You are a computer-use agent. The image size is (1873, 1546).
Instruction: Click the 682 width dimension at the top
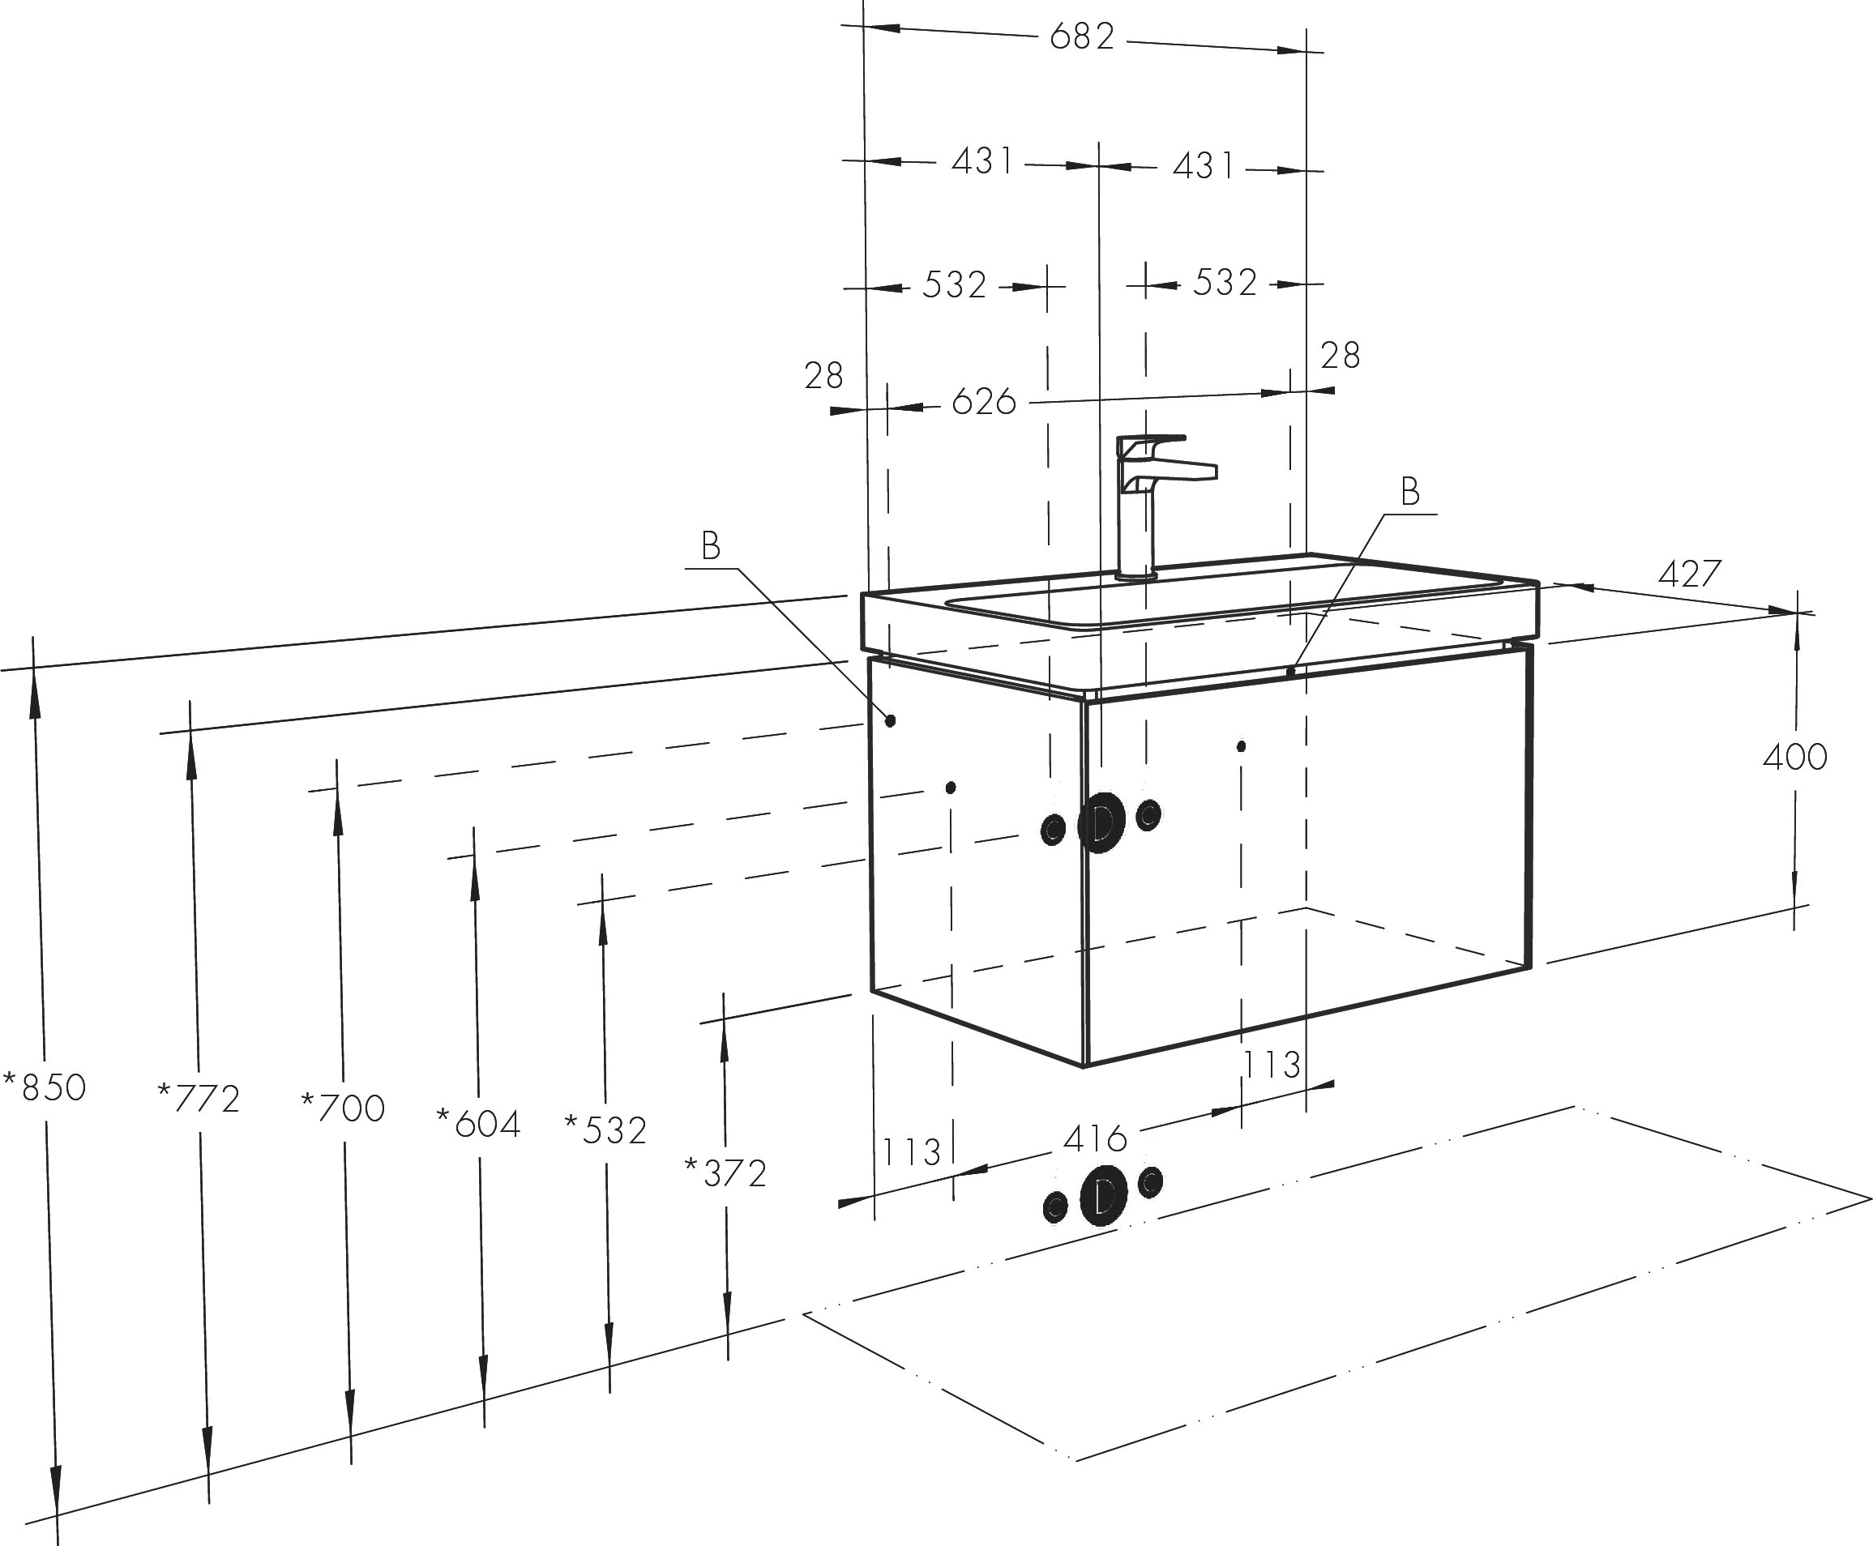click(1082, 37)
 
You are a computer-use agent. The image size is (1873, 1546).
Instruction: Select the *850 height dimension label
click(45, 1087)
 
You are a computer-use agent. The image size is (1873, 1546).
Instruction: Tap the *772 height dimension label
click(199, 1099)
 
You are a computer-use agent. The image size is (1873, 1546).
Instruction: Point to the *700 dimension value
click(343, 1108)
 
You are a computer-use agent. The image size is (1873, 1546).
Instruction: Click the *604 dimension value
click(478, 1124)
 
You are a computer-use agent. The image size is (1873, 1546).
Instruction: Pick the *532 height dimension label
click(605, 1131)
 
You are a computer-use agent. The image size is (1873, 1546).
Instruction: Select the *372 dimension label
click(725, 1174)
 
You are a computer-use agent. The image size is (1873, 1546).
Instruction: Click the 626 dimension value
click(984, 402)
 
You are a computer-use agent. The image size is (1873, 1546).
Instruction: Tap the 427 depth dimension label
click(1690, 574)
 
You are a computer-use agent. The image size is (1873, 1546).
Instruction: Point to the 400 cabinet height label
click(1794, 757)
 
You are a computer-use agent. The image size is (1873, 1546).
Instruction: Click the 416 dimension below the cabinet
click(1096, 1138)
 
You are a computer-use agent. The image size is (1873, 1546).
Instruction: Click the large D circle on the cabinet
click(1101, 823)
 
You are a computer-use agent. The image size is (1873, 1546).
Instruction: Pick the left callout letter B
click(710, 546)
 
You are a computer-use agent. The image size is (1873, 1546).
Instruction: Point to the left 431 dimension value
click(982, 161)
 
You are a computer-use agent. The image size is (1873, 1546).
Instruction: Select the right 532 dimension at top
click(1225, 282)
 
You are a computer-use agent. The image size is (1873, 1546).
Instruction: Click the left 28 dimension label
click(823, 376)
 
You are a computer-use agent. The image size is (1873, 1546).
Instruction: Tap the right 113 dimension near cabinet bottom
click(1271, 1064)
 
